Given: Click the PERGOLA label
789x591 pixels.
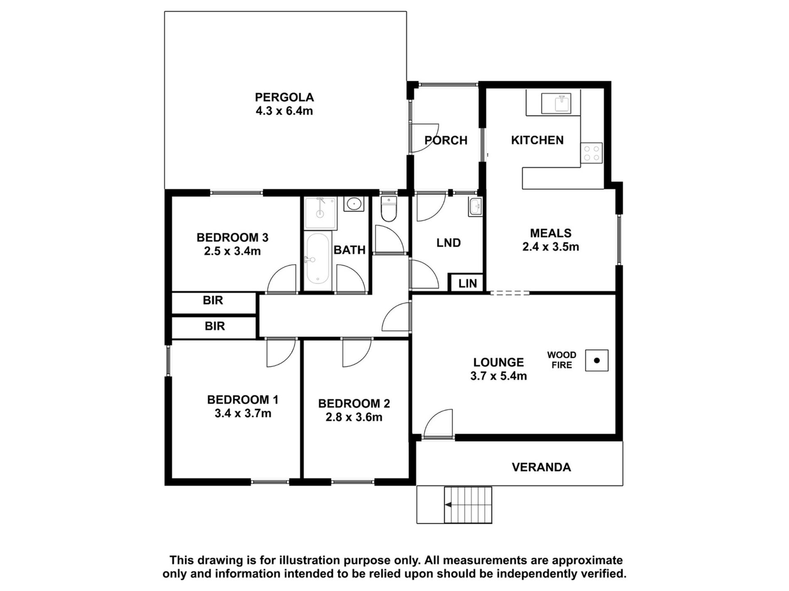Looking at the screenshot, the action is click(x=284, y=97).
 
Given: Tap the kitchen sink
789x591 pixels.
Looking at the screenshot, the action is click(x=556, y=103).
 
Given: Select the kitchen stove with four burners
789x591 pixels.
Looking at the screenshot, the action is click(x=591, y=152).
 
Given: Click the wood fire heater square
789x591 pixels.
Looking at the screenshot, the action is click(x=597, y=360).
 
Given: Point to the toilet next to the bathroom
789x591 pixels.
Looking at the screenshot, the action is click(x=389, y=209).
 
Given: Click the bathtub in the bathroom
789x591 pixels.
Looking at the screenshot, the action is click(x=318, y=258).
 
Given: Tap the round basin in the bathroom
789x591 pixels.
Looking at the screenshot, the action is click(x=354, y=204).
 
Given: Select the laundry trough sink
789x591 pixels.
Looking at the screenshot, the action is click(x=475, y=206).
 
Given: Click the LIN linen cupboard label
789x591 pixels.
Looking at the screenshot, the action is click(x=468, y=284).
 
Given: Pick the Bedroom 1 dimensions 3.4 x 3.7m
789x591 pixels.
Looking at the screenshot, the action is click(x=243, y=413).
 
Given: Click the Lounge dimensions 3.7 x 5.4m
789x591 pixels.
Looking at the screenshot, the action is click(x=498, y=376).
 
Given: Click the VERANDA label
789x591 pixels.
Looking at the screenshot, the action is click(x=541, y=467).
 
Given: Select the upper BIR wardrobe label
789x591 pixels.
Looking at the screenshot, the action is click(x=213, y=300).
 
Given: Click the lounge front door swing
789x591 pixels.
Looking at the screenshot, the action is click(x=438, y=423).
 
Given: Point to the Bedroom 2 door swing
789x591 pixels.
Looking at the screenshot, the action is click(x=357, y=353).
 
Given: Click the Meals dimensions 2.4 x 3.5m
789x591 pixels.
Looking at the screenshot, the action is click(x=551, y=247).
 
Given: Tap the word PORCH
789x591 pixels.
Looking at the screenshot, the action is click(x=446, y=141).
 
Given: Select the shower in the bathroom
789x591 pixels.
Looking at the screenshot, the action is click(x=320, y=213).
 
